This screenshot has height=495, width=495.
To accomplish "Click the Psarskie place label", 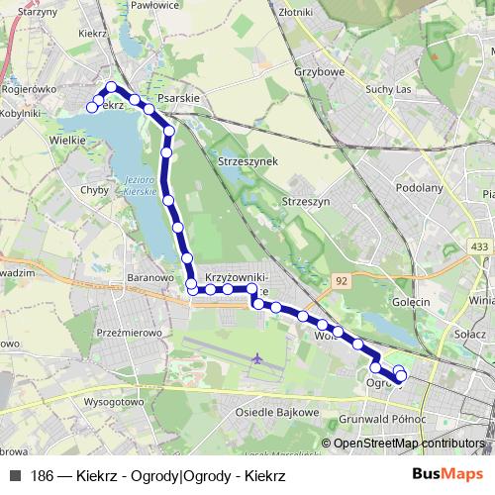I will point(179,98).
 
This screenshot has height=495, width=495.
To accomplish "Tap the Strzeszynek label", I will point(247,160).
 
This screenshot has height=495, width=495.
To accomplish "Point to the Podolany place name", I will point(418,186).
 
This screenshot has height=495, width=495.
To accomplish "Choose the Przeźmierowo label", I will point(130,334).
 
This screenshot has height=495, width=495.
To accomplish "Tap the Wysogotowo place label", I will point(114,402).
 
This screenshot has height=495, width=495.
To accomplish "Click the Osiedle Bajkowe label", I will point(278,411).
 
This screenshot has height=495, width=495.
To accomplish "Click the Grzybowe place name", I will point(319,71).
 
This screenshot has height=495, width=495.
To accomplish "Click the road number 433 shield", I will point(480,246).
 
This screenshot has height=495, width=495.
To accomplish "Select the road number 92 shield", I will point(342,281).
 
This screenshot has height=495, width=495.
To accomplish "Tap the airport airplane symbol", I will point(257,357).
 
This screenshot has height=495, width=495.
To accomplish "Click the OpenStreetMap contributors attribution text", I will point(407,444).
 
